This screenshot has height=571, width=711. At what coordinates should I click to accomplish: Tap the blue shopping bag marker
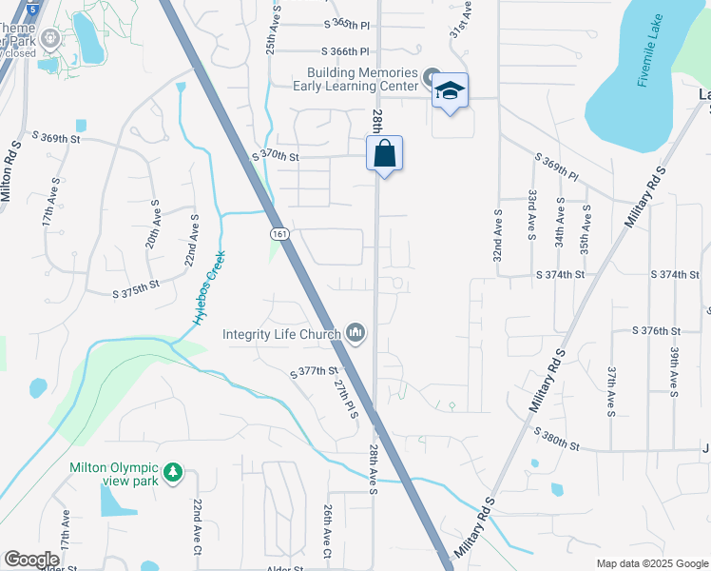coord(385,154)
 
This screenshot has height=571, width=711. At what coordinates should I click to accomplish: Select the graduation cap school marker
coord(451,92)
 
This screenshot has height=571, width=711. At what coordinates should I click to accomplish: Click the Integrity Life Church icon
coord(356,332)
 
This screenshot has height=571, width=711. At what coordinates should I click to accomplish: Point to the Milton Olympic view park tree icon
coord(172,472)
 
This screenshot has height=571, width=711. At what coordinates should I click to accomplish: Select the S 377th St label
coord(315,371)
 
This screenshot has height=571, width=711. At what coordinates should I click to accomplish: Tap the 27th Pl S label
coord(343,397)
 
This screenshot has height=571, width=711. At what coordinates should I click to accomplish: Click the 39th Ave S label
coord(673,370)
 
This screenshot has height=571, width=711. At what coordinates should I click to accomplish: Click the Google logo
coord(31,560)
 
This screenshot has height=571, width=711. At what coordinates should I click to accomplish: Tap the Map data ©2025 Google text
coord(651,563)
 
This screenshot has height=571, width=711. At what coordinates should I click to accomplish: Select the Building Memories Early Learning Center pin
coord(431,77)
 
